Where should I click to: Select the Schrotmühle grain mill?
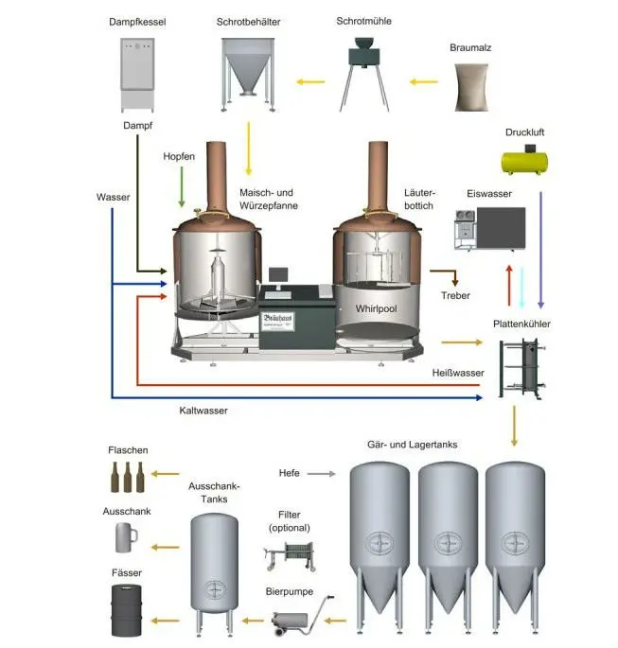point(363,71)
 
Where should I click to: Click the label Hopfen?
point(179,156)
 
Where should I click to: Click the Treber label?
point(455,296)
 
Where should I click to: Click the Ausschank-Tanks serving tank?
point(217,566)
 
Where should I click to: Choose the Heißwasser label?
point(458,373)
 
